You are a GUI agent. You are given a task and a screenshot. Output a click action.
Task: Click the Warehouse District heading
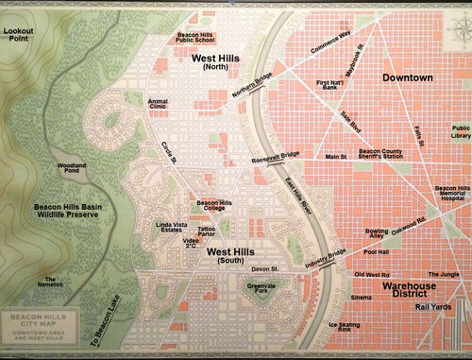click(413, 288)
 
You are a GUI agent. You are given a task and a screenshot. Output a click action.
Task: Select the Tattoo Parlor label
click(208, 231)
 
